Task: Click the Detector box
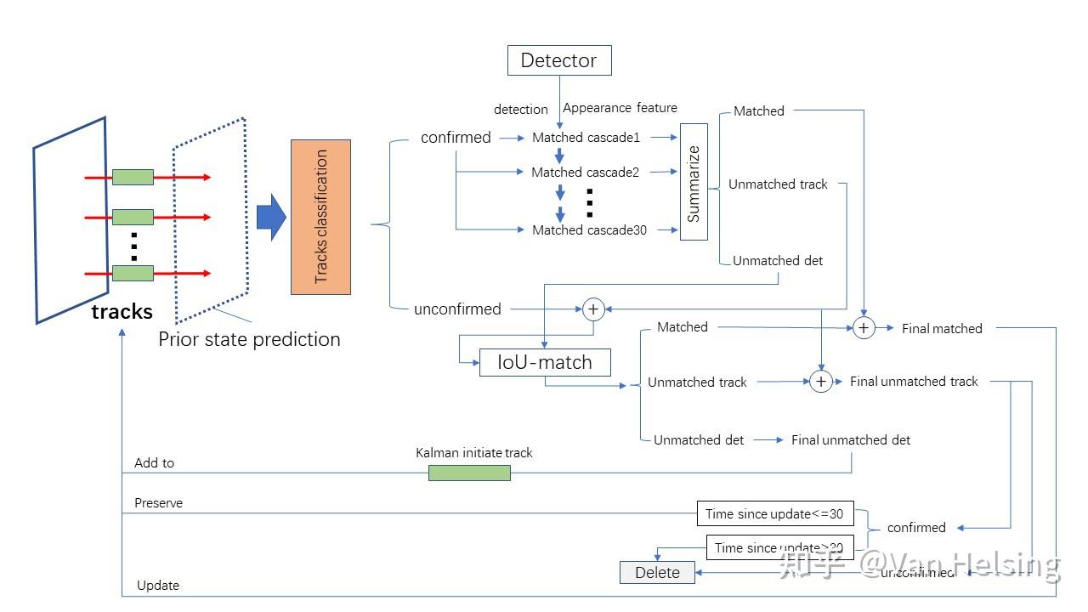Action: pyautogui.click(x=559, y=60)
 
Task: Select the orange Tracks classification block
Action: pyautogui.click(x=320, y=217)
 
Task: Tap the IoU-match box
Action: pyautogui.click(x=545, y=362)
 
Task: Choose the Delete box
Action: pyautogui.click(x=657, y=572)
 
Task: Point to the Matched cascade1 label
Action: pyautogui.click(x=586, y=137)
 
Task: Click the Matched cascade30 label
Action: pyautogui.click(x=589, y=229)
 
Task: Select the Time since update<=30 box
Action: pyautogui.click(x=773, y=513)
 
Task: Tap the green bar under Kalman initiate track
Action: pyautogui.click(x=469, y=473)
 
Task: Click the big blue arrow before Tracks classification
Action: pyautogui.click(x=271, y=218)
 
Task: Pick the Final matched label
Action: pyautogui.click(x=942, y=328)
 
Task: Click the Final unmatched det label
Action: pyautogui.click(x=851, y=439)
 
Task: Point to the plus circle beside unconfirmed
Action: pyautogui.click(x=593, y=309)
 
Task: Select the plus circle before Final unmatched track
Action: pyautogui.click(x=820, y=382)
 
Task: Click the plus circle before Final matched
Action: pyautogui.click(x=864, y=327)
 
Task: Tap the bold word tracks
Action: pyautogui.click(x=122, y=312)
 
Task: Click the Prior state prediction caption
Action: pyautogui.click(x=249, y=339)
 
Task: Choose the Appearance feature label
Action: pyautogui.click(x=620, y=108)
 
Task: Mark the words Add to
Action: pyautogui.click(x=154, y=463)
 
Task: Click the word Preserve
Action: pyautogui.click(x=158, y=503)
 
